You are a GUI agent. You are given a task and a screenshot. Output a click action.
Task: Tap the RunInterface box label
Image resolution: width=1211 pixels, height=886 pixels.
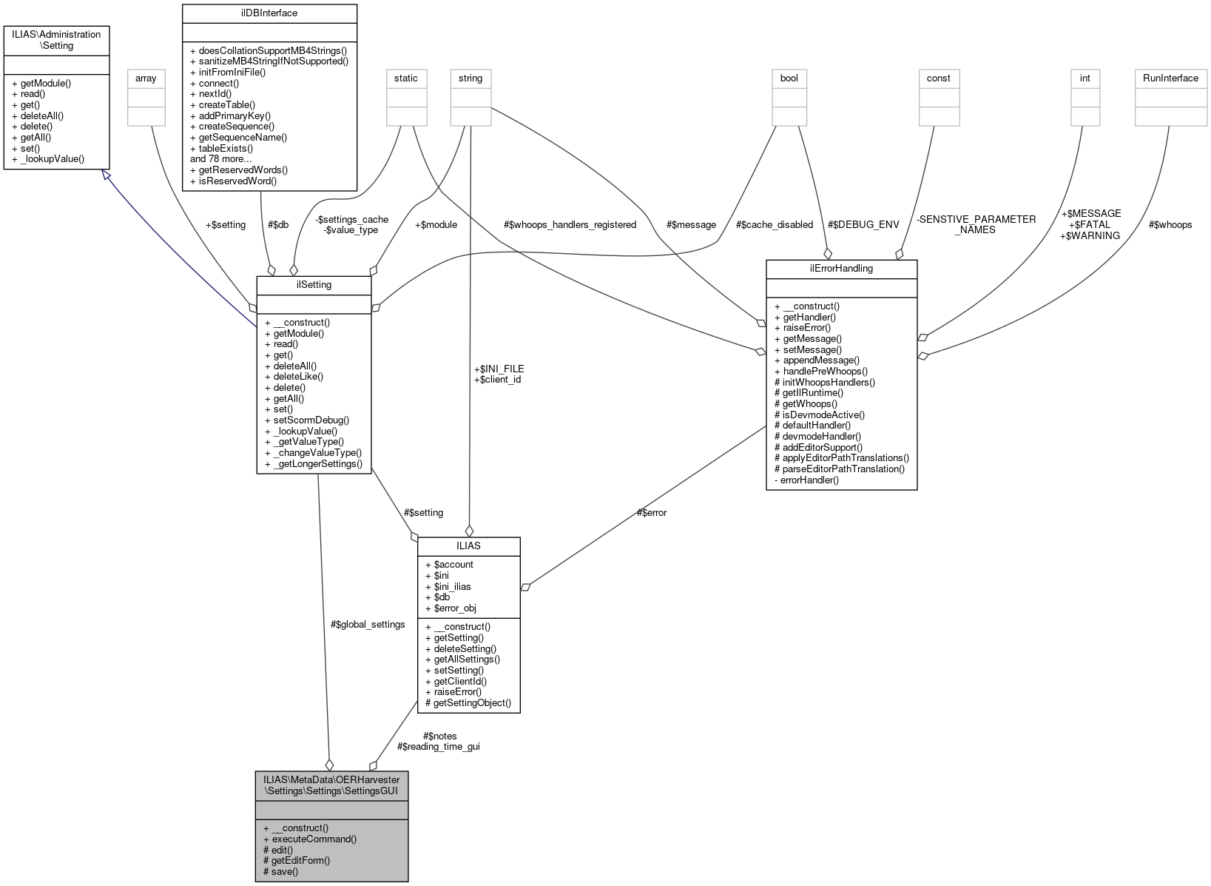[x=1170, y=78]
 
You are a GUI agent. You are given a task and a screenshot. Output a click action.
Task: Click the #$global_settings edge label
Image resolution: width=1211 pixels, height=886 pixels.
[x=368, y=624]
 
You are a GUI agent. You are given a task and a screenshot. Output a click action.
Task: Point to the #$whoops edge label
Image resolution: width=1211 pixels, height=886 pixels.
[x=1170, y=224]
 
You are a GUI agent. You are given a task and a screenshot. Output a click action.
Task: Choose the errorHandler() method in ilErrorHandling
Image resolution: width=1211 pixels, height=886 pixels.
[x=810, y=480]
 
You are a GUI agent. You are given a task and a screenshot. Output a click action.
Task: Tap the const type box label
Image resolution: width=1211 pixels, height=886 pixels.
[x=939, y=78]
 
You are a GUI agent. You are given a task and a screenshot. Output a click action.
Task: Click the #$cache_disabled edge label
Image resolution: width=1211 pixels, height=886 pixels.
[x=775, y=224]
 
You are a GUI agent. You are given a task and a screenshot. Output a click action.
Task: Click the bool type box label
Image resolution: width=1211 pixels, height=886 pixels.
[x=789, y=78]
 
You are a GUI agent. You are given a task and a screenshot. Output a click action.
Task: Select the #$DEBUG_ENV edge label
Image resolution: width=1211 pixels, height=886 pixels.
[x=863, y=224]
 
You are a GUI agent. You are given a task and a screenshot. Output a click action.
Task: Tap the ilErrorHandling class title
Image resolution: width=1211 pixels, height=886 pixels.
[x=841, y=268]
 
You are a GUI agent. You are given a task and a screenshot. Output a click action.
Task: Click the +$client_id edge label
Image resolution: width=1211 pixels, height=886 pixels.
[x=497, y=379]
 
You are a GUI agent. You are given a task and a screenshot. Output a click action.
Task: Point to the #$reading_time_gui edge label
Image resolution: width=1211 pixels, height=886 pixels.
[x=438, y=746]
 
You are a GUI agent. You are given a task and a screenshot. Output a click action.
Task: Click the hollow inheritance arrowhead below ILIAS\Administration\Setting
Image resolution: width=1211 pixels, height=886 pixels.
[x=107, y=175]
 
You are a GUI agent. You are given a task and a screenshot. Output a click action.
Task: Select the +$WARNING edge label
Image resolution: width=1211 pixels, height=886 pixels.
[x=1090, y=235]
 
